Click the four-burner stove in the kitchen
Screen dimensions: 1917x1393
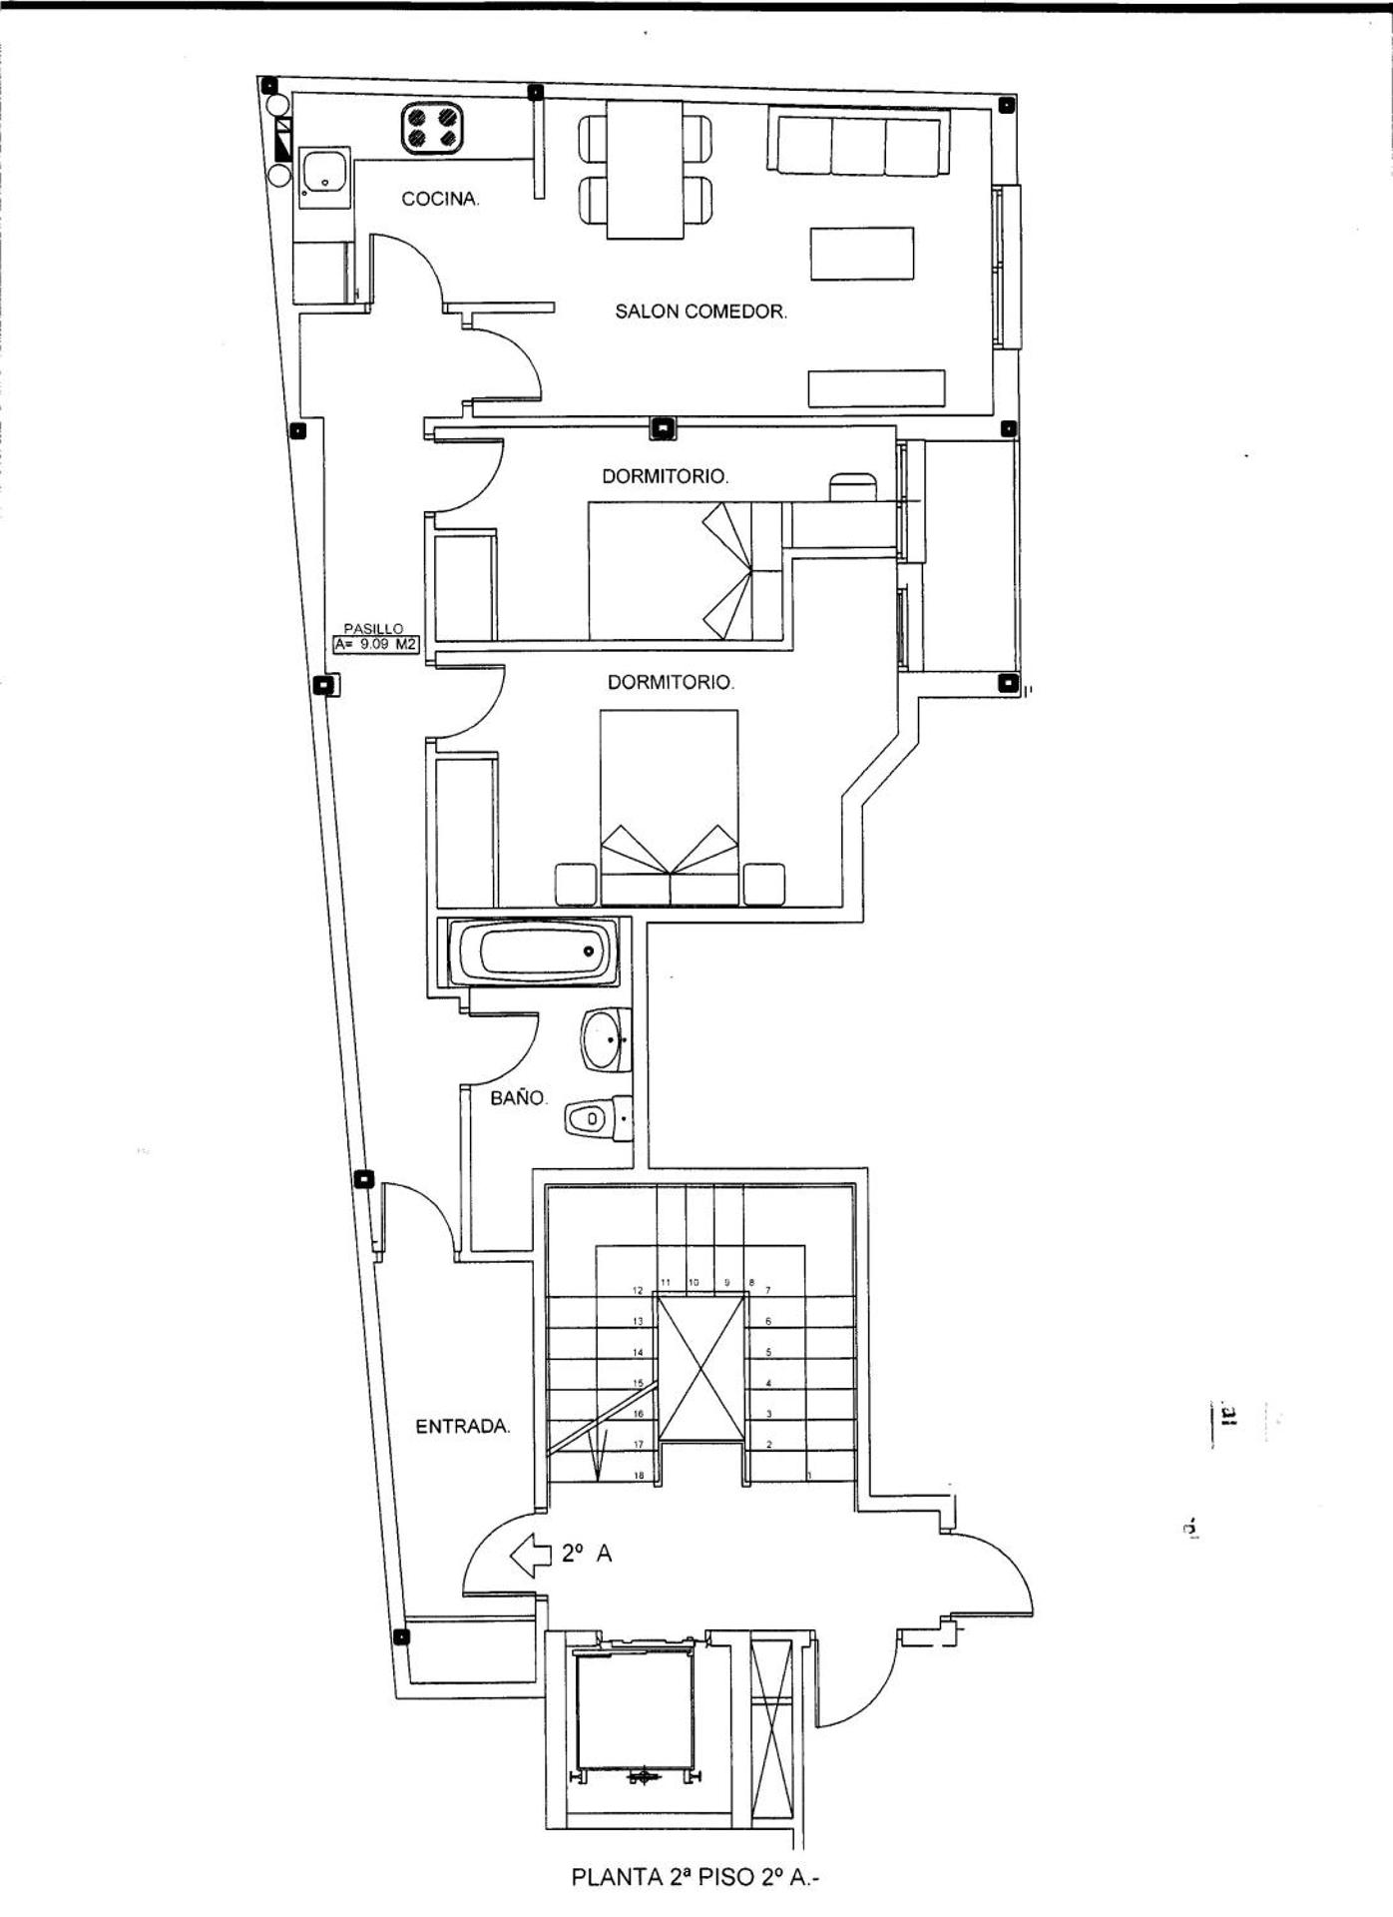(434, 128)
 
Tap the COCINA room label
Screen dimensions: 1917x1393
(440, 200)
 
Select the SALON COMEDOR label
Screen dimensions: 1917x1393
(700, 312)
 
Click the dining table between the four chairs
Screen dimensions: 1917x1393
(646, 172)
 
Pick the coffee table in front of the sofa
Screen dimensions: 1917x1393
(862, 254)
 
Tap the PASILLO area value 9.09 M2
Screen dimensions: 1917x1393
(376, 645)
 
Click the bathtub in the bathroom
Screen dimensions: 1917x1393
(535, 952)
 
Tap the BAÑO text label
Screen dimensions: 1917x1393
(518, 1098)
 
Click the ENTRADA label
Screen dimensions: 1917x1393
(462, 1427)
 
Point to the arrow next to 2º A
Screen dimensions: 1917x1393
(531, 1554)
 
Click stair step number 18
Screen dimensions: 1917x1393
(639, 1476)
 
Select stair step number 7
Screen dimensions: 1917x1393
(767, 1291)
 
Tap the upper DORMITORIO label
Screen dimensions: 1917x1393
(665, 477)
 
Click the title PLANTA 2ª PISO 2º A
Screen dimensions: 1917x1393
(696, 1878)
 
